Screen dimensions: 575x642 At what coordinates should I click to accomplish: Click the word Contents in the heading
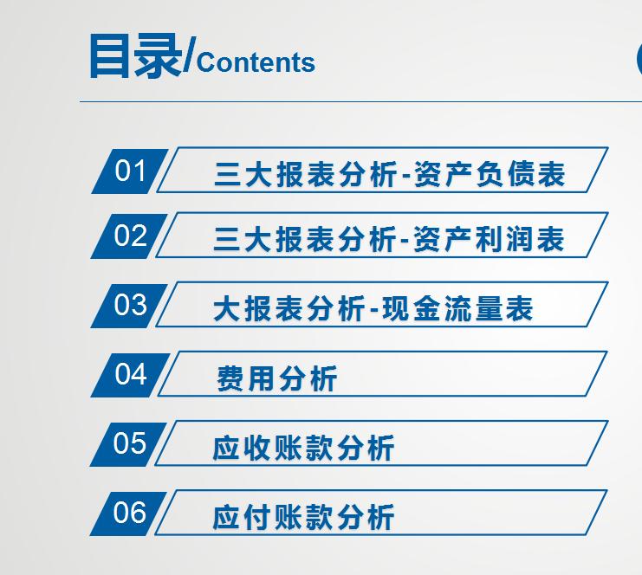click(x=256, y=62)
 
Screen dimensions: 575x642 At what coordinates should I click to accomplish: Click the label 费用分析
click(x=276, y=378)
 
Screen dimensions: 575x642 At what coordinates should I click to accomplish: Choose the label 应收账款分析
click(x=303, y=448)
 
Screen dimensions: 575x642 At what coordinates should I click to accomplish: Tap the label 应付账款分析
click(x=303, y=517)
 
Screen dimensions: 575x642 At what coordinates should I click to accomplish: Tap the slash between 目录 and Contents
click(x=190, y=57)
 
